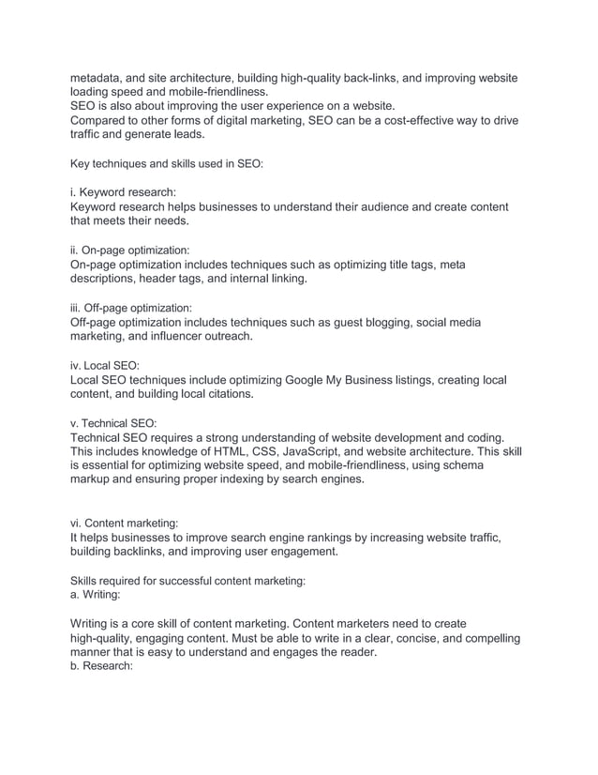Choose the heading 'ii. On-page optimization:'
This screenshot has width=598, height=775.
click(129, 251)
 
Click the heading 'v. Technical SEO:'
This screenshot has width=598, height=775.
click(113, 423)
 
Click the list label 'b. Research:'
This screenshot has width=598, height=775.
click(102, 667)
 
